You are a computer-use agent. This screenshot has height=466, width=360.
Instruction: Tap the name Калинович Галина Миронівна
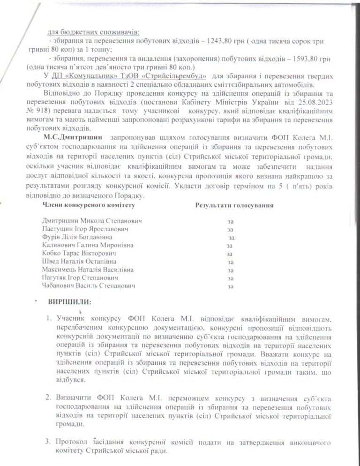pos(87,245)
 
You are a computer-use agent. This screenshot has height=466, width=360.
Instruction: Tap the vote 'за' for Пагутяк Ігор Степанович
pos(230,278)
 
